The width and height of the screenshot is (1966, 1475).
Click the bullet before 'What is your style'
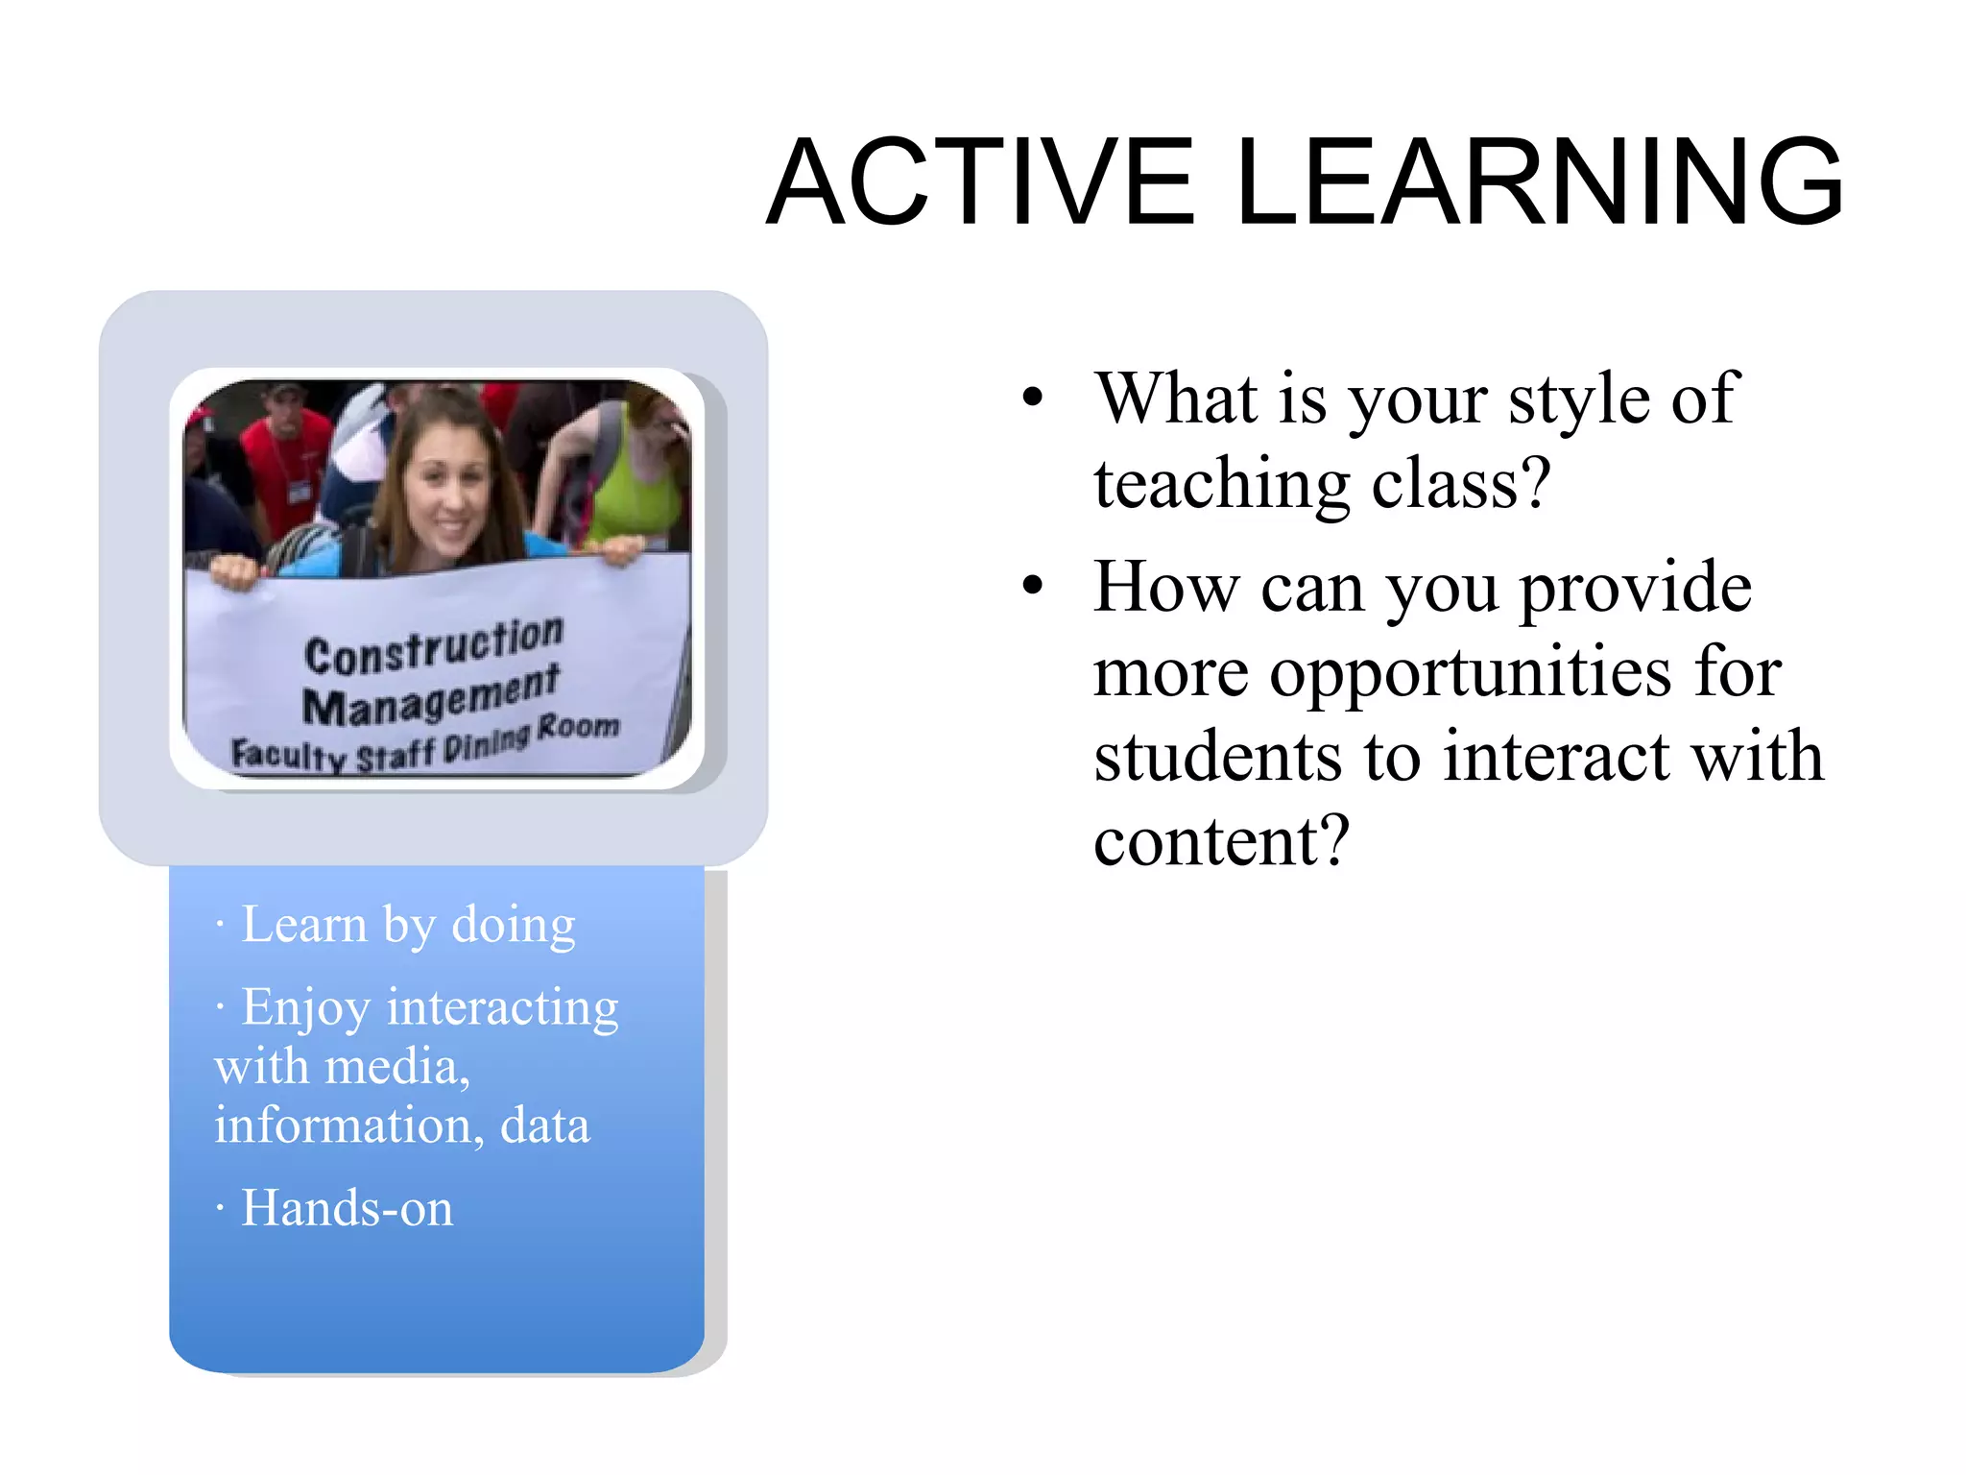[1032, 397]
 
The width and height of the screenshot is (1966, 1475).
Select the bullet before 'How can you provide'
[1032, 585]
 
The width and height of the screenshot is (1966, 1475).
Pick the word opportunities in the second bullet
[1469, 671]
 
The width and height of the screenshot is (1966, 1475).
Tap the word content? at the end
[1221, 840]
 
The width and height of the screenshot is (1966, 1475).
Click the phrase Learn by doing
[408, 925]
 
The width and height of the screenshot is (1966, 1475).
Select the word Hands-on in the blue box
[347, 1208]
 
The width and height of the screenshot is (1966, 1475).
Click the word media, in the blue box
[397, 1067]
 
